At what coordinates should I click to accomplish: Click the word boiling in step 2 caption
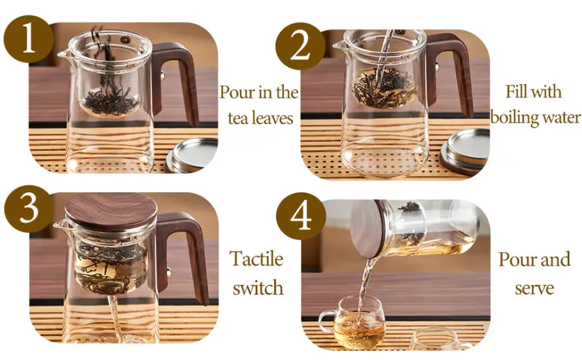pos(514,118)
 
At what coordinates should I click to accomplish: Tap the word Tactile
pos(257,259)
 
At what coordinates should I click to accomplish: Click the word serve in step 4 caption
pos(534,287)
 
